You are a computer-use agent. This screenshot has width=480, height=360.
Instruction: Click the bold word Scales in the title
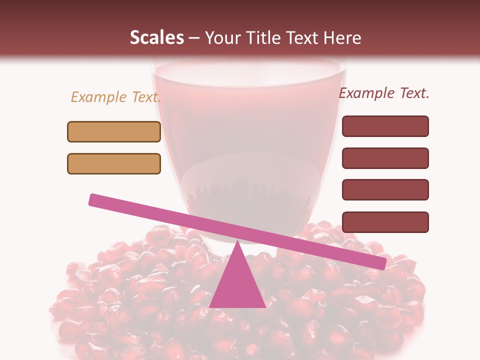pyautogui.click(x=156, y=37)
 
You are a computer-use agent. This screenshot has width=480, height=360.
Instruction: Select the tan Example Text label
pyautogui.click(x=115, y=97)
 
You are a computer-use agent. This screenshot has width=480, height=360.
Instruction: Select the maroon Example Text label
pyautogui.click(x=384, y=93)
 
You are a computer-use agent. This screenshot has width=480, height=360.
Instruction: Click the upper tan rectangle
pyautogui.click(x=114, y=131)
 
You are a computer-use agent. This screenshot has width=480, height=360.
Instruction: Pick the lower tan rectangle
pyautogui.click(x=114, y=163)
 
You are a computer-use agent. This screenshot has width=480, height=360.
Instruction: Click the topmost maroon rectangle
pyautogui.click(x=385, y=126)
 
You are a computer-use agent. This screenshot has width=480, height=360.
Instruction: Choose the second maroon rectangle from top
pyautogui.click(x=385, y=158)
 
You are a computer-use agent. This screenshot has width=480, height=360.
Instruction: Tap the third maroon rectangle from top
pyautogui.click(x=385, y=189)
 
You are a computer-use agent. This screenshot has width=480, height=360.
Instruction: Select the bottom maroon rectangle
pyautogui.click(x=385, y=222)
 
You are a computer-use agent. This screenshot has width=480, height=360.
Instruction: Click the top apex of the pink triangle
pyautogui.click(x=237, y=242)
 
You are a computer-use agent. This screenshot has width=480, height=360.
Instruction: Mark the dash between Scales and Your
pyautogui.click(x=194, y=38)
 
